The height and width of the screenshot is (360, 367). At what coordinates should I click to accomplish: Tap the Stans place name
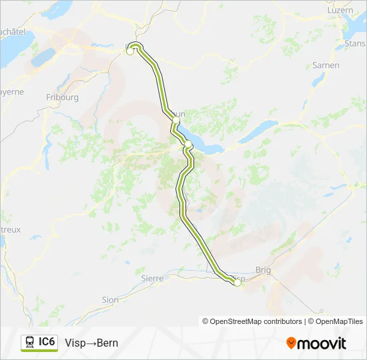(353, 43)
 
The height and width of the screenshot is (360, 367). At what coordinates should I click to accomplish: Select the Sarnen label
(326, 65)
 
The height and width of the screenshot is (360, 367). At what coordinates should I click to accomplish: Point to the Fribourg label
(63, 97)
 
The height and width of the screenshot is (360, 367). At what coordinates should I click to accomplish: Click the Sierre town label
(152, 278)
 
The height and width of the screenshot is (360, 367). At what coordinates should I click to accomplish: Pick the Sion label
(110, 300)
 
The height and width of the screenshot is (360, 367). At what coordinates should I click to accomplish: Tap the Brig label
(263, 272)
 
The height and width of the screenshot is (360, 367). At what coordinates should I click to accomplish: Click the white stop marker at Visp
(237, 283)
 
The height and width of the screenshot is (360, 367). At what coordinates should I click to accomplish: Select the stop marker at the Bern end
(130, 51)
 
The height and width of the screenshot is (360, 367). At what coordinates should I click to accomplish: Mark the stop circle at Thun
(175, 120)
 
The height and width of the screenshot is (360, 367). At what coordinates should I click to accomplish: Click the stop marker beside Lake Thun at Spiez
(188, 145)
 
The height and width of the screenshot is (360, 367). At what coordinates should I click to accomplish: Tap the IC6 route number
(47, 342)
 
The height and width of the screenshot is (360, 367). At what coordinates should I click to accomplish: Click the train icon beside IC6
(30, 343)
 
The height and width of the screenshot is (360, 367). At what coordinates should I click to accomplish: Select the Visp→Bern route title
(91, 343)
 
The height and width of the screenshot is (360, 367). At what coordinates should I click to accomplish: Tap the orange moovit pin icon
(292, 343)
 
